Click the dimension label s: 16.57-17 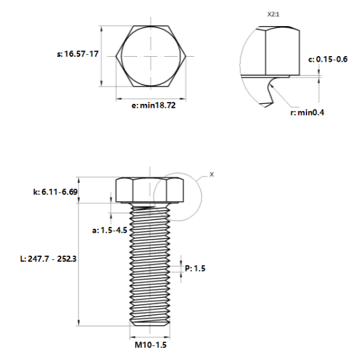click(78, 54)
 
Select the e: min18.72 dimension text click(154, 106)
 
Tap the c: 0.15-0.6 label click(328, 59)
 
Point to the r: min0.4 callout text click(307, 113)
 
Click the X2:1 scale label click(273, 14)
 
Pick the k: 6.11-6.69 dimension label click(55, 192)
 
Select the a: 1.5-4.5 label click(110, 230)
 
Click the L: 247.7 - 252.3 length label click(48, 259)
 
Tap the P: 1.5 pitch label click(195, 268)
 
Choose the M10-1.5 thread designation click(150, 345)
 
